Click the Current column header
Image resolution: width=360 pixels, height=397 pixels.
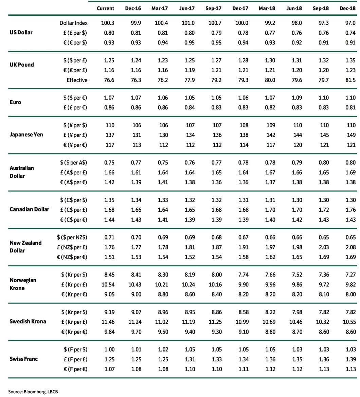coord(105,8)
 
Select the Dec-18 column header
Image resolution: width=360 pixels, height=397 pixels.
coord(347,8)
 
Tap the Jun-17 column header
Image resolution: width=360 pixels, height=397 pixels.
coord(187,8)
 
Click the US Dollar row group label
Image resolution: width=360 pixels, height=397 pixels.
coord(21,33)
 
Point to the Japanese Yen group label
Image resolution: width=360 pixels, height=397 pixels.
coord(26,135)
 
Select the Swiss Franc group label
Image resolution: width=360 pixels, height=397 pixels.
coord(23,359)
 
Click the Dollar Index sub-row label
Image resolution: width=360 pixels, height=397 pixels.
coord(73,23)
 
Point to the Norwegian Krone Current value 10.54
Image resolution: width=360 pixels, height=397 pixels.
coord(108,284)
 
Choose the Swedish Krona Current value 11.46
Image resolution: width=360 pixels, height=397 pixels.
coord(108,322)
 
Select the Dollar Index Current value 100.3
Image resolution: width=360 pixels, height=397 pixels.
coord(108,23)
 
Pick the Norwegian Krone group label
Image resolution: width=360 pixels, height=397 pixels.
coord(23,284)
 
